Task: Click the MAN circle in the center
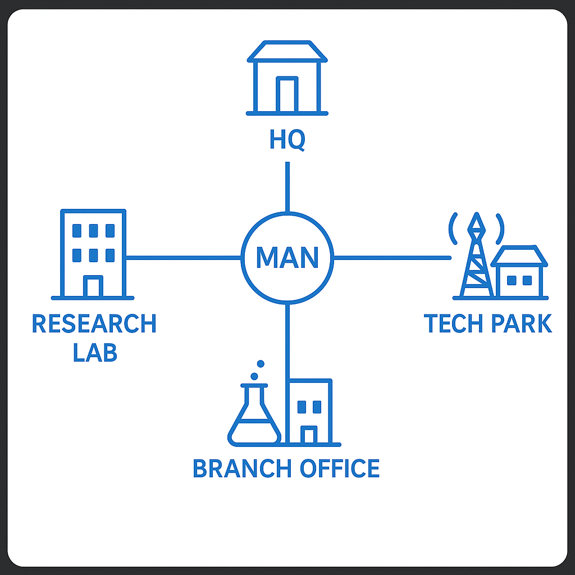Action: point(287,258)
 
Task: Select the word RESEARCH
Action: point(94,324)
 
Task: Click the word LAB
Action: point(95,352)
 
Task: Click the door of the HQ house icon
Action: point(287,95)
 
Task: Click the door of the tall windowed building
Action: point(93,286)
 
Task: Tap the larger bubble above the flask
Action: point(254,376)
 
